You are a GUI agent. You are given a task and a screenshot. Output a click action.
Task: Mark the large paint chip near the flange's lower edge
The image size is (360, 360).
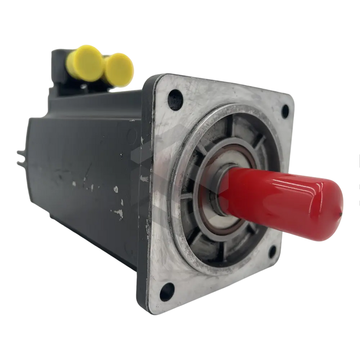tap(119, 211)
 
